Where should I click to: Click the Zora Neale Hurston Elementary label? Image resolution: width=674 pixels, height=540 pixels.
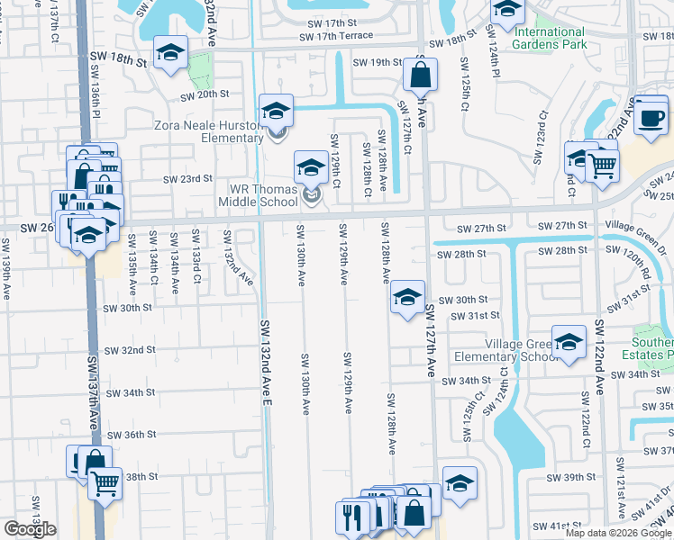(x=209, y=131)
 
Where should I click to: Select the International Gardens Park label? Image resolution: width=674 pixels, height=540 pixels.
(x=550, y=38)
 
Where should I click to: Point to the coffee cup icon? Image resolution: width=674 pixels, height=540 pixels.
(x=650, y=117)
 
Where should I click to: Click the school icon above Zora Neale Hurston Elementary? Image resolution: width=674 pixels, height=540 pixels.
(x=276, y=111)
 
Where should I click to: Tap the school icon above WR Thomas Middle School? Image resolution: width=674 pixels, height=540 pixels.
(x=311, y=167)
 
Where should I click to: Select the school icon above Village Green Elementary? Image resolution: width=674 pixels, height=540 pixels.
(x=569, y=343)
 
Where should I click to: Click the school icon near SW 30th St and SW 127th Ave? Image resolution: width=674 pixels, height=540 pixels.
(x=407, y=298)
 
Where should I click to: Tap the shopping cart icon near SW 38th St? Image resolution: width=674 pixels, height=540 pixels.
(x=105, y=483)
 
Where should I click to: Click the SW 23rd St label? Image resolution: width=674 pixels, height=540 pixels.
(x=187, y=179)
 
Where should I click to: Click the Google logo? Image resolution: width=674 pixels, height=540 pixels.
(x=30, y=529)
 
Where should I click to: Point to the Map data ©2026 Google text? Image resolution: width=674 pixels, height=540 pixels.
(x=618, y=533)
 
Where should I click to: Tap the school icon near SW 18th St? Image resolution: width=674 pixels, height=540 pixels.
(x=169, y=53)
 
